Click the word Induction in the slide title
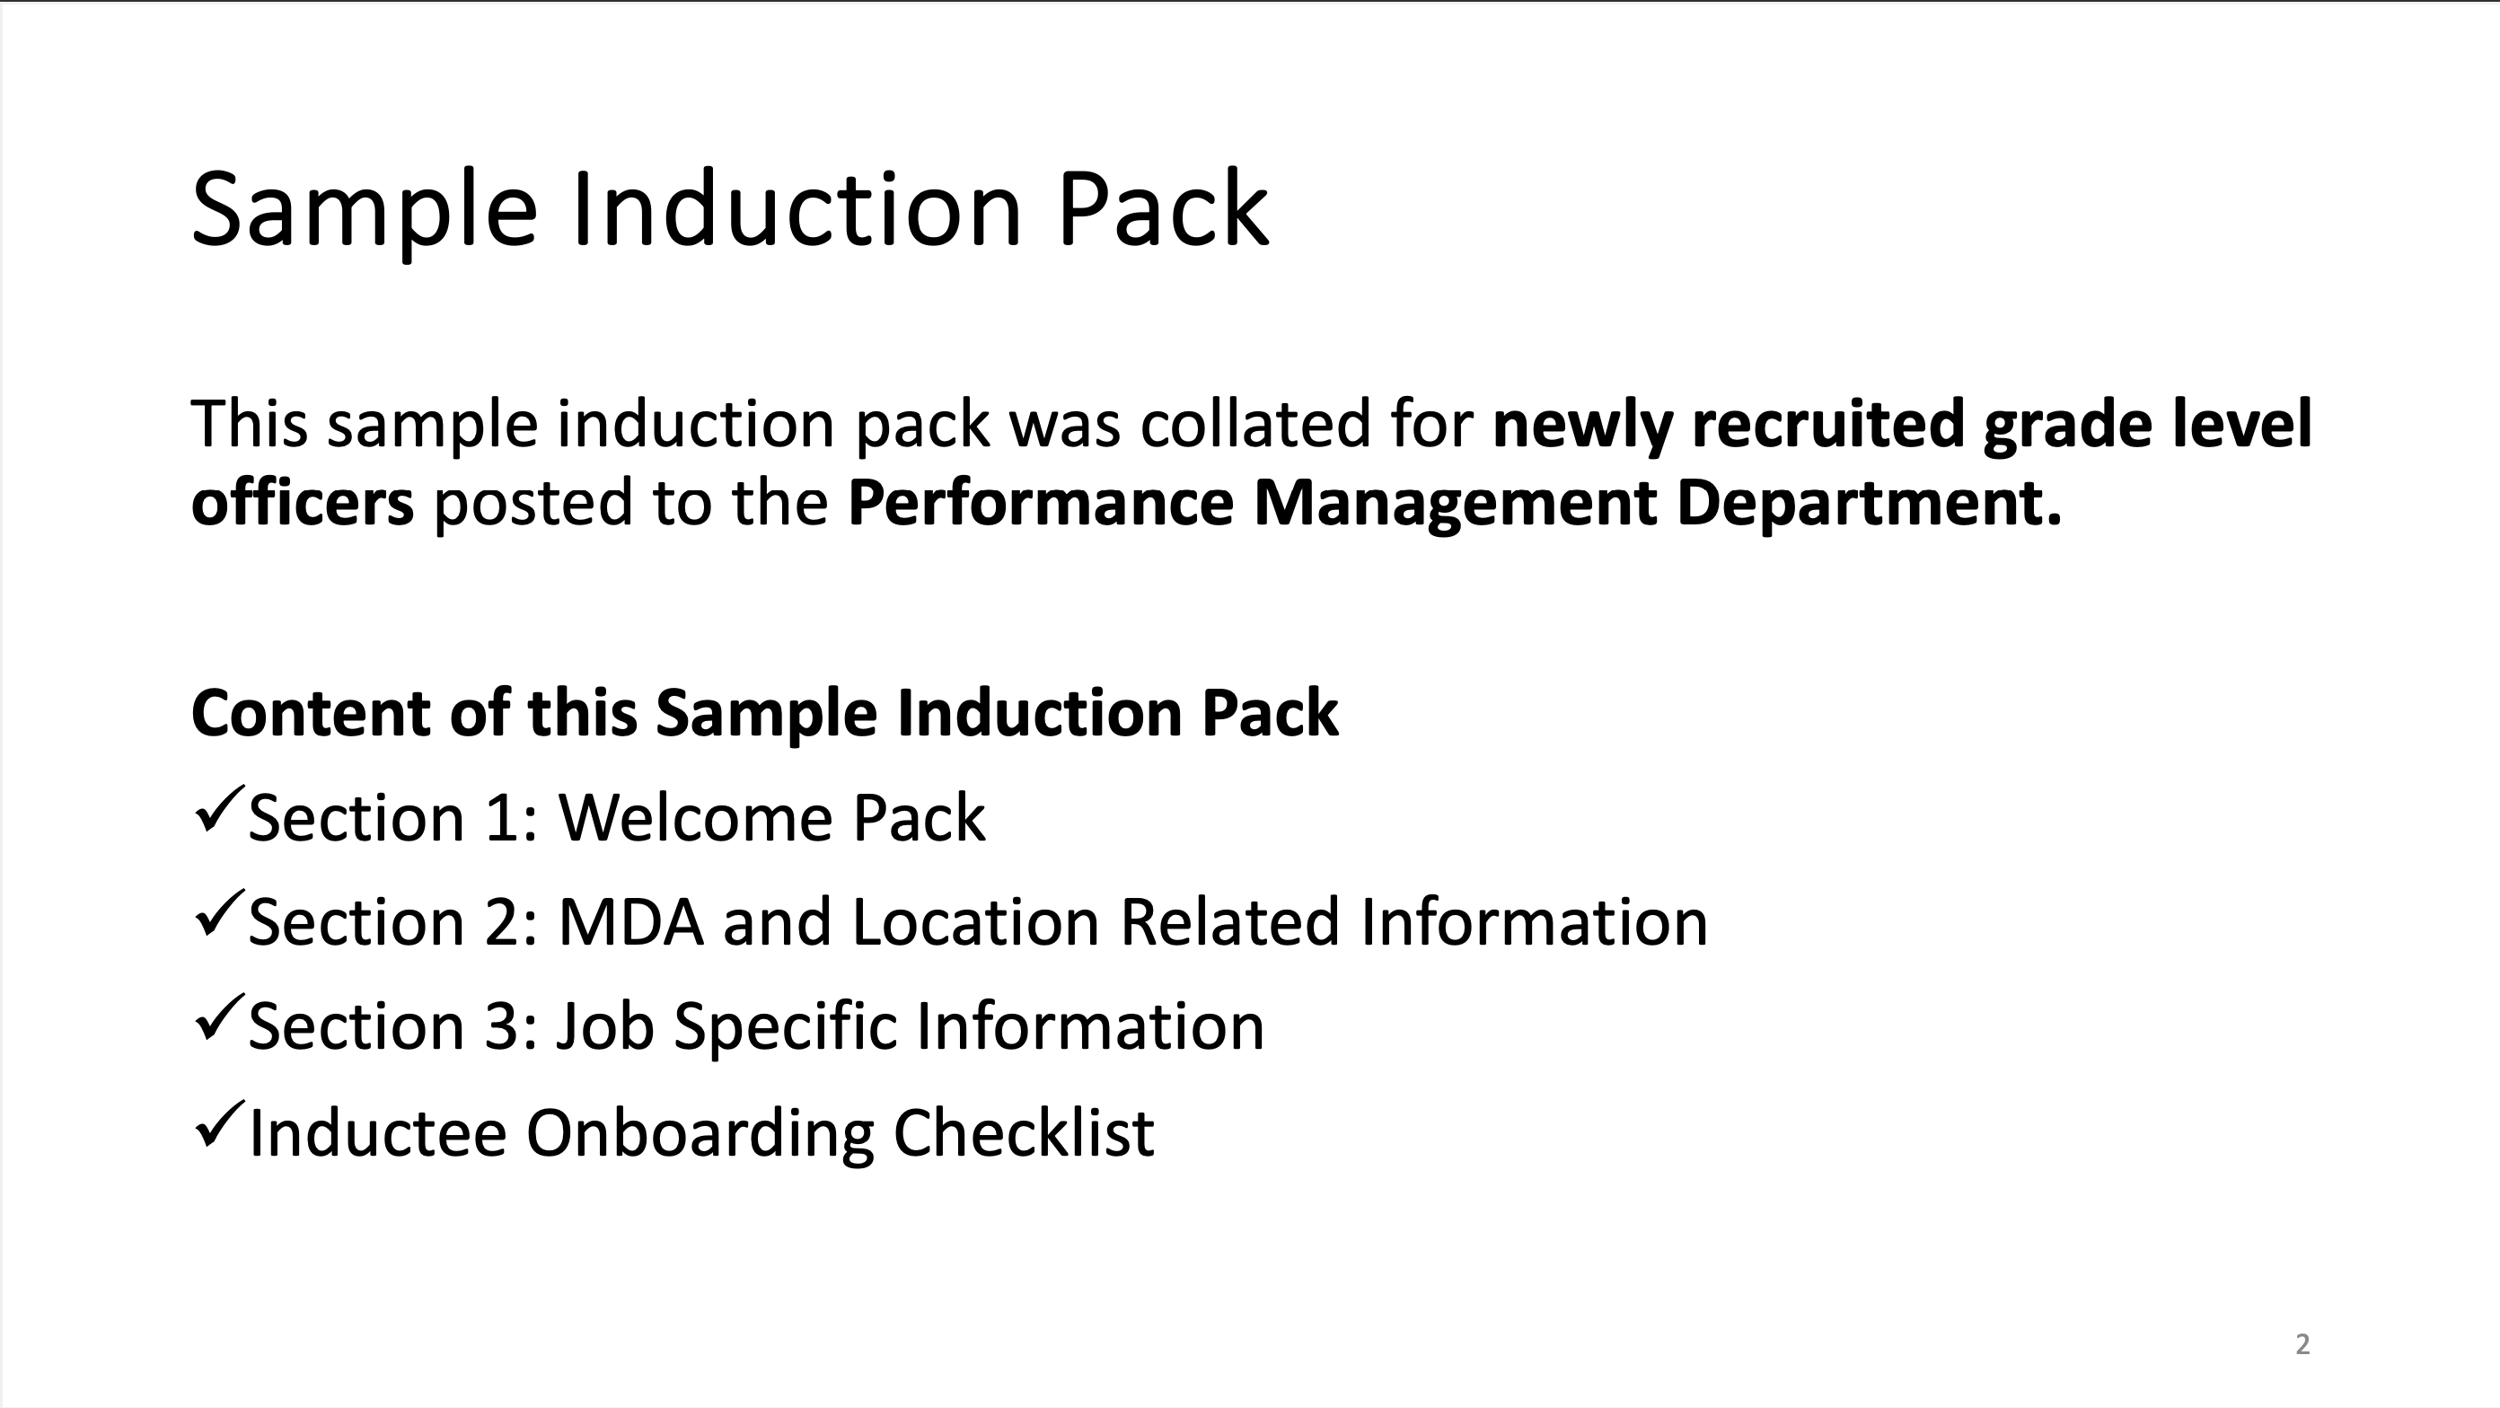click(797, 208)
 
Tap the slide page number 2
click(2302, 1344)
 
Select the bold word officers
click(303, 502)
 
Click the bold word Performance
click(1041, 502)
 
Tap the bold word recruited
click(1828, 423)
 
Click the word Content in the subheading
click(312, 713)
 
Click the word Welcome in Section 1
click(695, 817)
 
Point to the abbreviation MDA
click(630, 921)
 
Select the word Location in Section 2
click(975, 921)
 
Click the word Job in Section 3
click(603, 1025)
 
